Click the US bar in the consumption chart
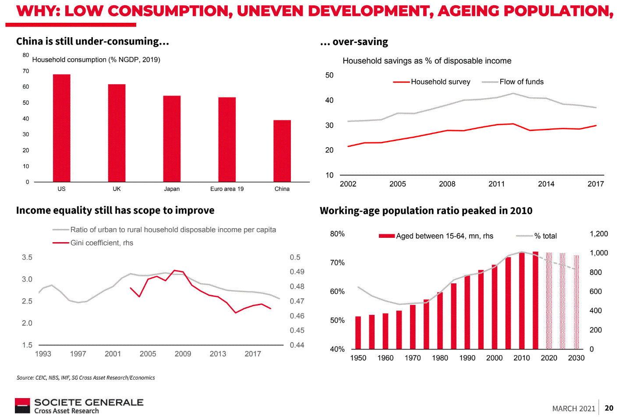pos(62,128)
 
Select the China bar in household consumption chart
pos(282,151)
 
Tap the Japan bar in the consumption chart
pos(172,138)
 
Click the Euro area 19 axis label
pos(227,189)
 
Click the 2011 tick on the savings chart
pos(496,184)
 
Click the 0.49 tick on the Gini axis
pos(297,272)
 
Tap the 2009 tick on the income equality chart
pos(183,354)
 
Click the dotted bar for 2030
pos(576,302)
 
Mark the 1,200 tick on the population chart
pos(599,234)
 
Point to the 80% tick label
pos(337,234)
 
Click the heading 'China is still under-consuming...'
pos(92,41)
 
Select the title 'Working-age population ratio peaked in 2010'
pos(426,211)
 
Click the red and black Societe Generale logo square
pos(22,406)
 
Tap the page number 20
pos(609,408)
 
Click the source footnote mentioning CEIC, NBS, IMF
pos(85,378)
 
